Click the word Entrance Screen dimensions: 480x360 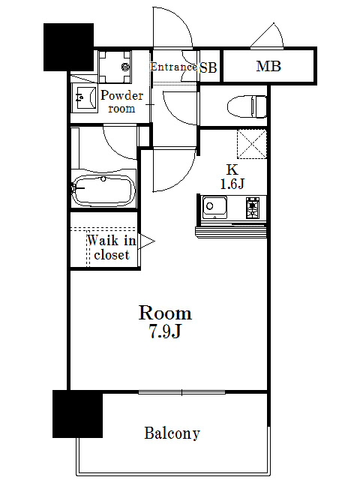coord(173,67)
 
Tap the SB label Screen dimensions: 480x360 coord(208,67)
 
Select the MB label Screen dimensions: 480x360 coord(268,67)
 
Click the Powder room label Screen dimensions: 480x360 coord(121,101)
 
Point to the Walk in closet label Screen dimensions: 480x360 coord(111,248)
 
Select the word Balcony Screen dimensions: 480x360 coord(172,433)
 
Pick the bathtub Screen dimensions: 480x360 coord(103,188)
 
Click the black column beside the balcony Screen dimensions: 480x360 coord(77,413)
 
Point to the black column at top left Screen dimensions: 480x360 coord(68,47)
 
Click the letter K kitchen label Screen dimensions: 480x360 coord(232,169)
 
